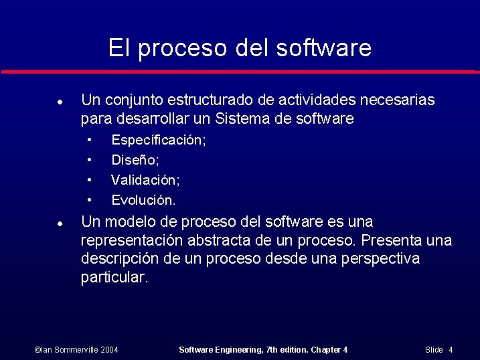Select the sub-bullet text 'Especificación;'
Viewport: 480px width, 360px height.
point(159,141)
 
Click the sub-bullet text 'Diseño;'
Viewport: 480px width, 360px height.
point(135,161)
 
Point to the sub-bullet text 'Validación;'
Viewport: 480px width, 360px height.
point(145,180)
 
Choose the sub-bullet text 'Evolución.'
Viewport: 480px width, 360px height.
point(143,200)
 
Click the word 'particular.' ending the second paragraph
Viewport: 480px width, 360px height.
point(114,278)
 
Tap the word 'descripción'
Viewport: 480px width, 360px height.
point(119,259)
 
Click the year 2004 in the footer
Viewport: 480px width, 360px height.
point(110,350)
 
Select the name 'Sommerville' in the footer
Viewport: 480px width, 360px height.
point(74,350)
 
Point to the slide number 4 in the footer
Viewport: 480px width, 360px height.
point(451,350)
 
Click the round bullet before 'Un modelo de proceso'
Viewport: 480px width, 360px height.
point(60,223)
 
